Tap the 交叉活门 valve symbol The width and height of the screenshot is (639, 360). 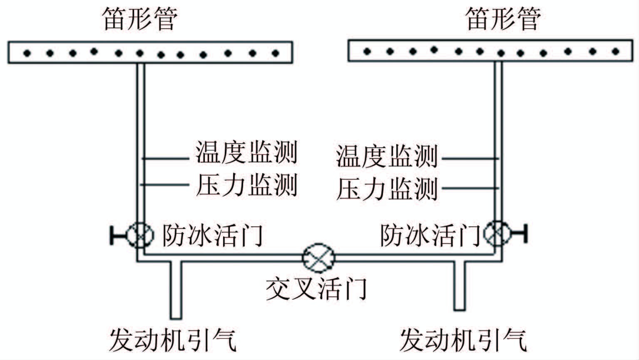coord(319,258)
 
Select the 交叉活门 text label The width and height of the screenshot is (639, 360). coord(316,288)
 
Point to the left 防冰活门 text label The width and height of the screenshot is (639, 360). coord(213,235)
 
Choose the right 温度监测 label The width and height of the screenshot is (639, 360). coord(387,156)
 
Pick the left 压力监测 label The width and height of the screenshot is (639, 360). coord(247,185)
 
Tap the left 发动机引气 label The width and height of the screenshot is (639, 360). coord(173,340)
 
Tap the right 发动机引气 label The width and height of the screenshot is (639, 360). coord(463,340)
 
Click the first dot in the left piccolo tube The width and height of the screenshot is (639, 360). coord(27,53)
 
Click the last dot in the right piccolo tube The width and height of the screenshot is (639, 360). coord(616,51)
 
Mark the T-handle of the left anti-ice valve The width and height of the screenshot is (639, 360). coord(113,235)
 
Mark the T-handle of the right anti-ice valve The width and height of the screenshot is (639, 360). coord(525,233)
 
